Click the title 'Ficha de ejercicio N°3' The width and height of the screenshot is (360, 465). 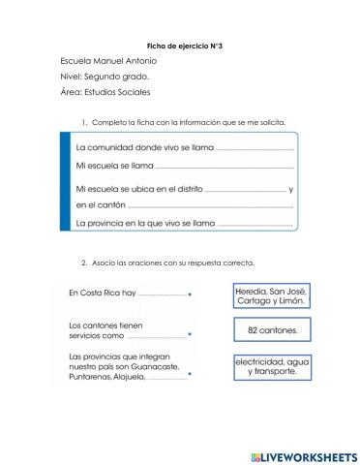[x=179, y=46]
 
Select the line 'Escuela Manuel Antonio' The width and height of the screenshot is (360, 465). [x=104, y=60]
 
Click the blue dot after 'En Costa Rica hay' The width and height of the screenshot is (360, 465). [x=190, y=294]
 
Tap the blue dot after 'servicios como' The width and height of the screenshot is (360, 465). [x=190, y=337]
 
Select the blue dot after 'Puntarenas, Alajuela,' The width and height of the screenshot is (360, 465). [x=190, y=379]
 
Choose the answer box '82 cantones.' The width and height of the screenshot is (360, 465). [x=271, y=330]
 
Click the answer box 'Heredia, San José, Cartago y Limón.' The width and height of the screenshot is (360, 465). [x=271, y=295]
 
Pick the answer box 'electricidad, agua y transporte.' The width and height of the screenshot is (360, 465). [x=271, y=366]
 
